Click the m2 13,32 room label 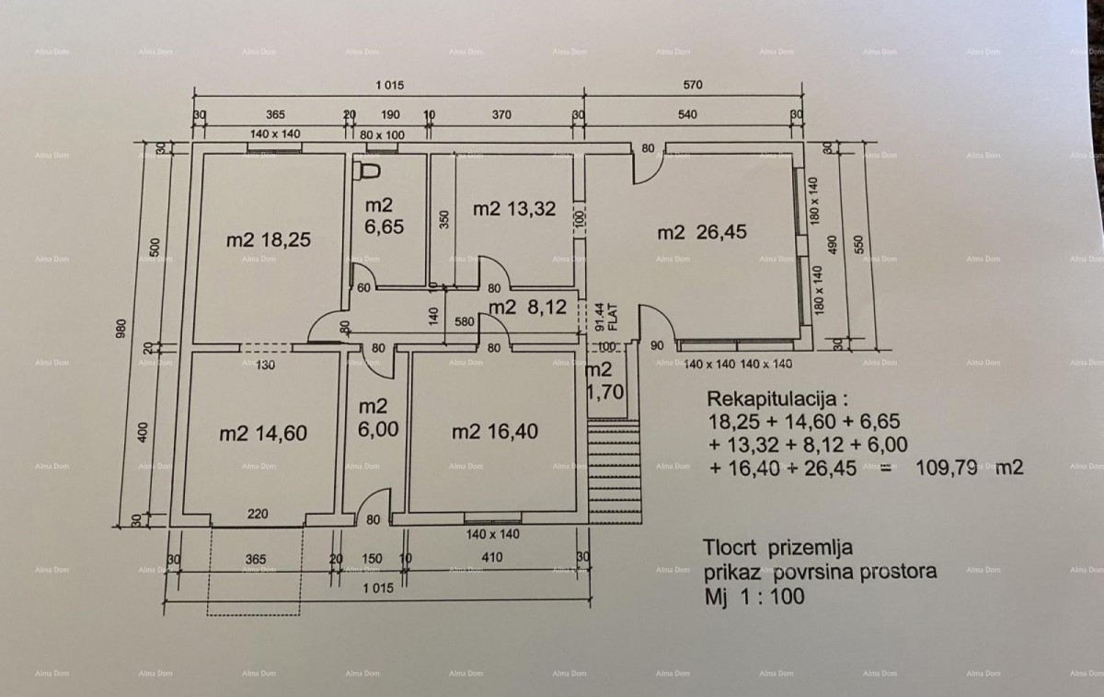click(x=514, y=208)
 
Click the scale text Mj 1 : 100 click(x=753, y=596)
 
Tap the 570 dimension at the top click(x=691, y=86)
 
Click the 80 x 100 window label click(x=383, y=134)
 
